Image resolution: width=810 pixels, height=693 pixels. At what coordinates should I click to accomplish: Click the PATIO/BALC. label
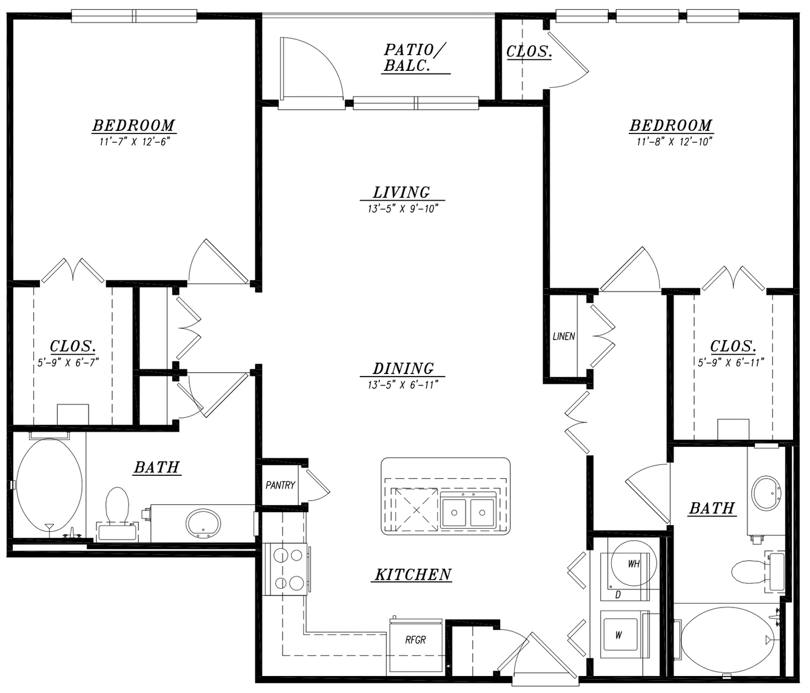coord(415,57)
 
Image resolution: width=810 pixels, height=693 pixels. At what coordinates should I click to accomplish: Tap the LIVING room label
coord(401,192)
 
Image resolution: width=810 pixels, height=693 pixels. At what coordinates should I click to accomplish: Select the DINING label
coord(403,369)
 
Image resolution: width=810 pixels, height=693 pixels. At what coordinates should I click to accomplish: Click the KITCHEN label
coord(413,575)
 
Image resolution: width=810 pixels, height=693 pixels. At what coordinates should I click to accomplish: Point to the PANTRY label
coord(280,485)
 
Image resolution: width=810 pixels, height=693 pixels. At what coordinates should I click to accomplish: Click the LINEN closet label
coord(564,336)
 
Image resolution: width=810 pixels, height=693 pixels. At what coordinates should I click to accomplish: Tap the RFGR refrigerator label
coord(415,640)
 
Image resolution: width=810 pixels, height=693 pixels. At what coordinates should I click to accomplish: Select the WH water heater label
coord(634,564)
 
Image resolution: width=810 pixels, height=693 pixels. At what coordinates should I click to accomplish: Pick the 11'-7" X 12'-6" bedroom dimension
coord(135,141)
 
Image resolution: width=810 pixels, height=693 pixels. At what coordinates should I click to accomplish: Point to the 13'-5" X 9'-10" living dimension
coord(403,209)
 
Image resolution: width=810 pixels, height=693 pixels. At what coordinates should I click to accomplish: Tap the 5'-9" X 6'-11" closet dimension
coord(731,362)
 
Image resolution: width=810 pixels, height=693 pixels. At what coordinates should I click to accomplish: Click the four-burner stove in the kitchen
coord(285,569)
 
